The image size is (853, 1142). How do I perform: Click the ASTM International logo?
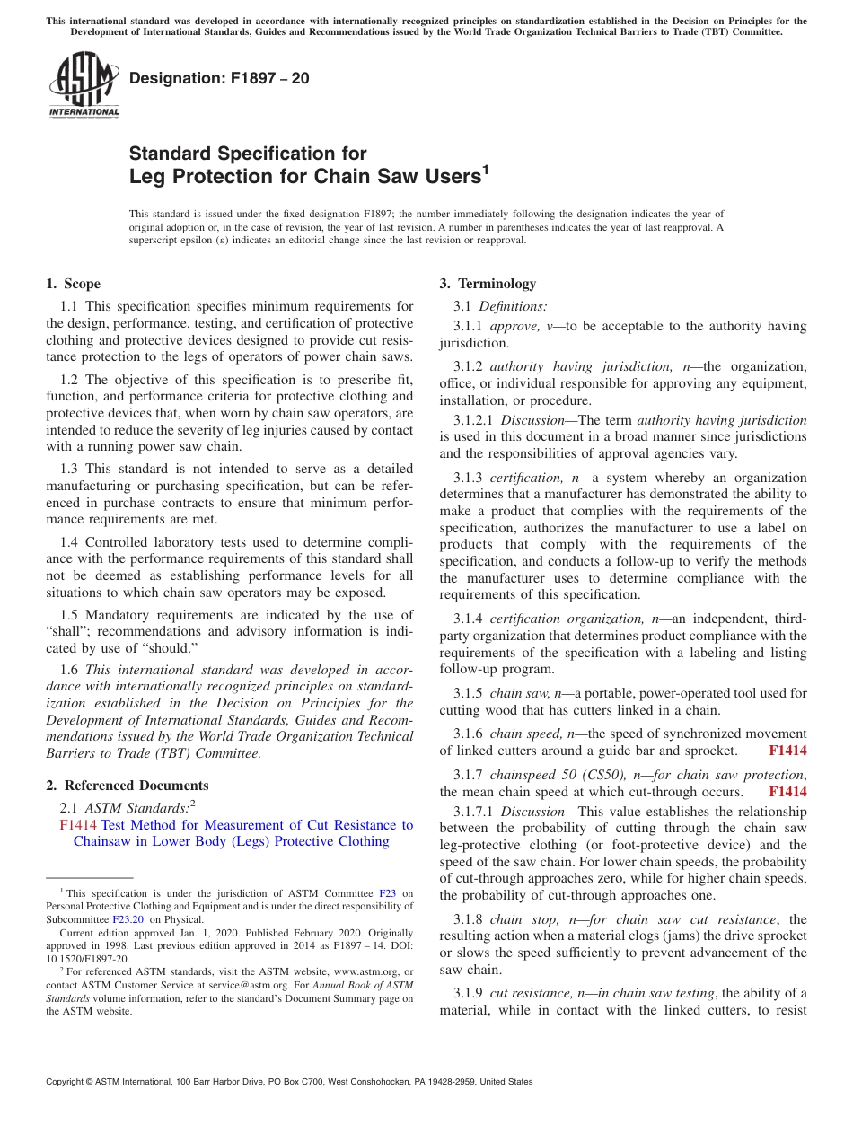point(84,84)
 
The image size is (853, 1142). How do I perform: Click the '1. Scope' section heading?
point(73,284)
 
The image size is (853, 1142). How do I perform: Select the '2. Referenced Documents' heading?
point(128,786)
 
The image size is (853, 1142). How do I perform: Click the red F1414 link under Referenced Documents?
point(78,825)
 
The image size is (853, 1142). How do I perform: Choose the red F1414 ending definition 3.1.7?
point(787,792)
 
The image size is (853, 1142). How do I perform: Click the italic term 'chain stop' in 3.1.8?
point(519,919)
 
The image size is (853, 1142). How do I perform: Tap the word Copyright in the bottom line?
point(67,1082)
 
